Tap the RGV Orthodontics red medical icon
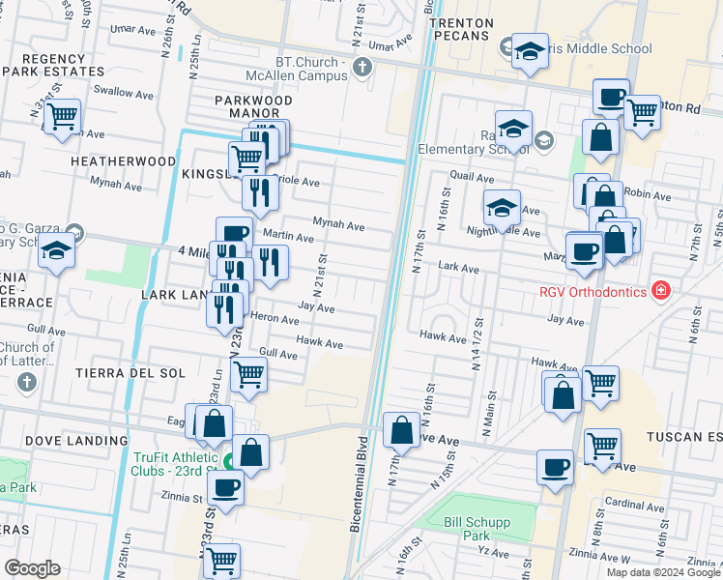(660, 290)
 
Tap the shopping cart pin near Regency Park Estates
(62, 117)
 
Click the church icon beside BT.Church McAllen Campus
(362, 67)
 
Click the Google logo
(33, 568)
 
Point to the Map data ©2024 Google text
(662, 571)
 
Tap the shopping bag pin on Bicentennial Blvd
(401, 429)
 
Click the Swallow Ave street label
(124, 93)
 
